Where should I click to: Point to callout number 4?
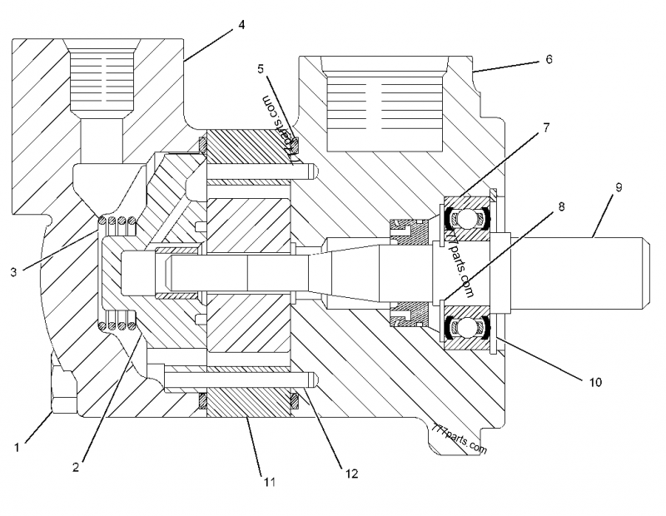click(241, 25)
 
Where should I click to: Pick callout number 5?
click(261, 67)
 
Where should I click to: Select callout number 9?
click(618, 187)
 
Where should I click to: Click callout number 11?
click(268, 481)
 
